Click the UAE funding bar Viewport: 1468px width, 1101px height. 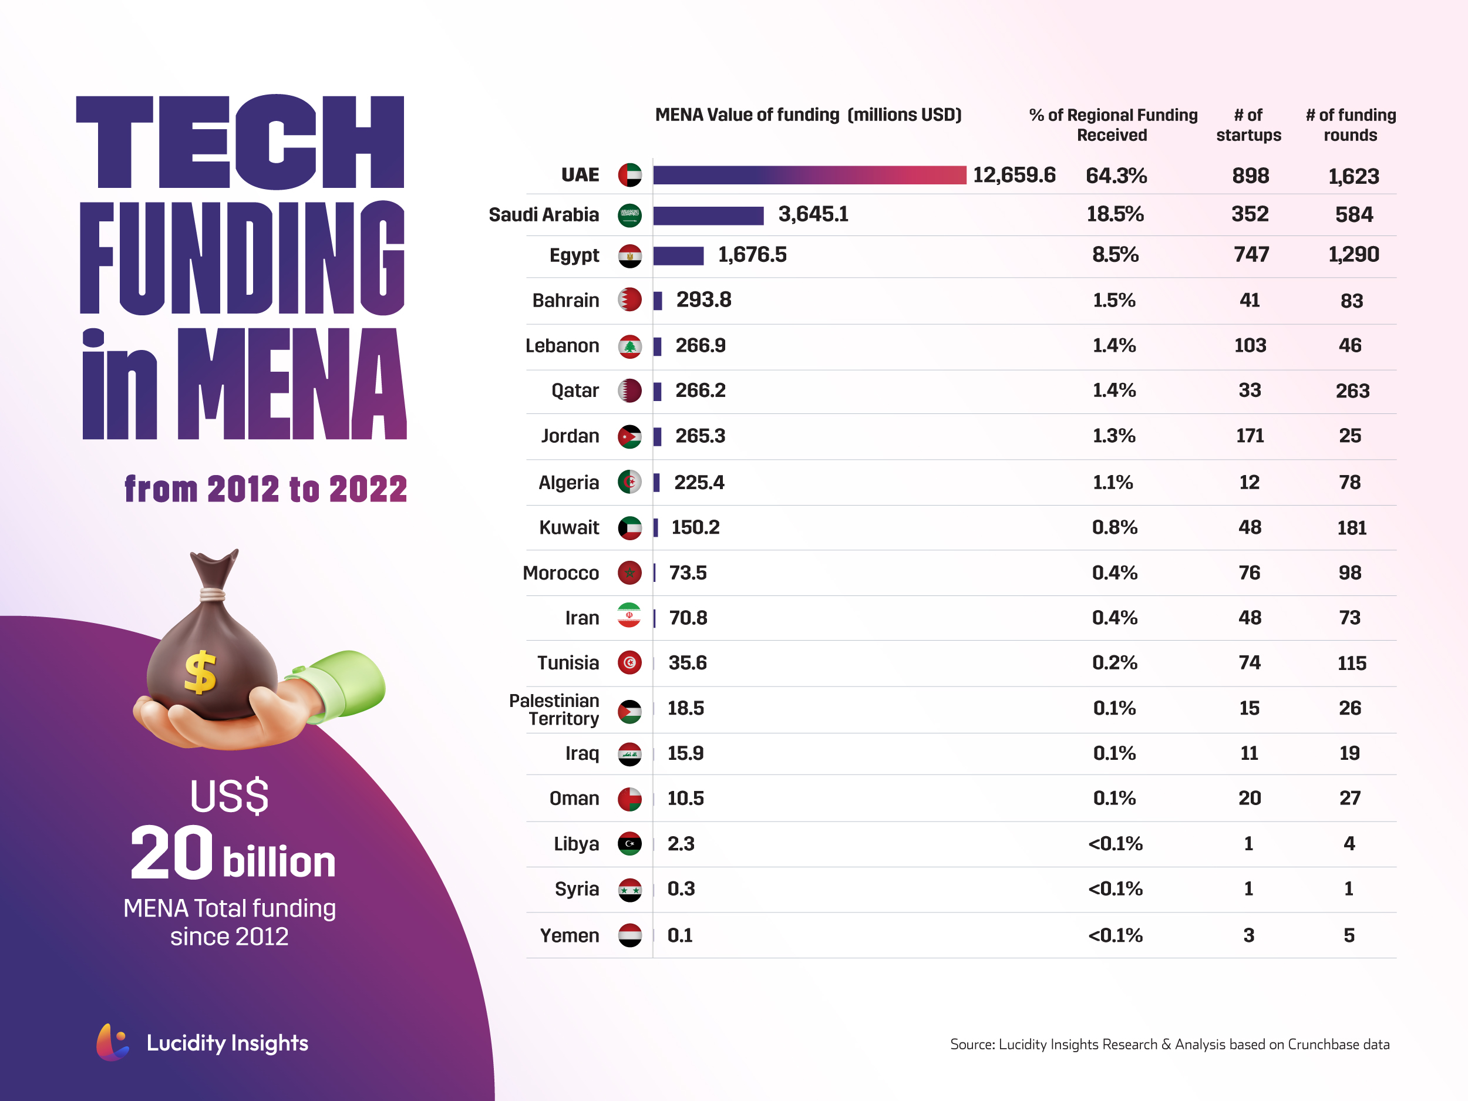(809, 175)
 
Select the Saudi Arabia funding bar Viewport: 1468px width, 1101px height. (708, 216)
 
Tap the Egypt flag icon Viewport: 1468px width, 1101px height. (629, 256)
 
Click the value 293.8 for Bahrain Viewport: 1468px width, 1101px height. (703, 300)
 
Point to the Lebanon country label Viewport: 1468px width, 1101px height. (561, 346)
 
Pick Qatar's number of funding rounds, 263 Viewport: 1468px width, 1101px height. (1352, 391)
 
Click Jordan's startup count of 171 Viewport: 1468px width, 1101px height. (1250, 436)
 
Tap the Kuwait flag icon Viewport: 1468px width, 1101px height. (629, 528)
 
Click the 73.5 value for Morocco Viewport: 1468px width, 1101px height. (688, 573)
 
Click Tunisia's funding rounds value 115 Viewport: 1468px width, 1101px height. (1351, 663)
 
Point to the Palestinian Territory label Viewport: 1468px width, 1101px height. (554, 709)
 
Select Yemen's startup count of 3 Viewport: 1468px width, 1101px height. (1248, 935)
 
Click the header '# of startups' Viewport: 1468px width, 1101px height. (1248, 124)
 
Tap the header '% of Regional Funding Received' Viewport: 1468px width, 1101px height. (1113, 124)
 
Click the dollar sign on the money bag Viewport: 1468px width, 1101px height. (200, 672)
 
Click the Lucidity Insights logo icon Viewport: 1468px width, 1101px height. (112, 1042)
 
